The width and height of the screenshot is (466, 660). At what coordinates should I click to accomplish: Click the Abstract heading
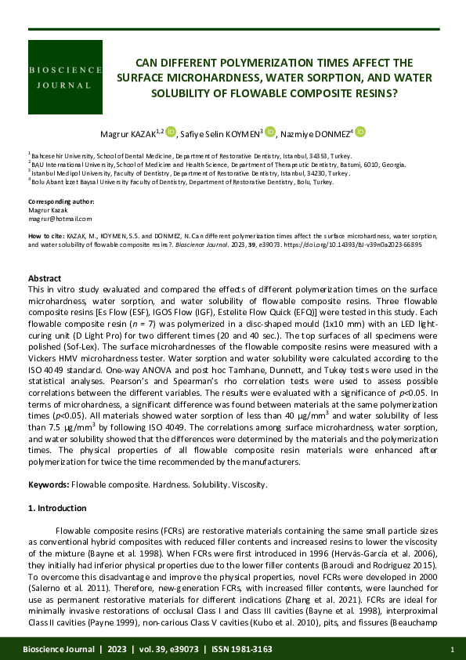(x=45, y=278)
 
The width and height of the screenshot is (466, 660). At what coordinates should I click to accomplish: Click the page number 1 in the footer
(x=453, y=650)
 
